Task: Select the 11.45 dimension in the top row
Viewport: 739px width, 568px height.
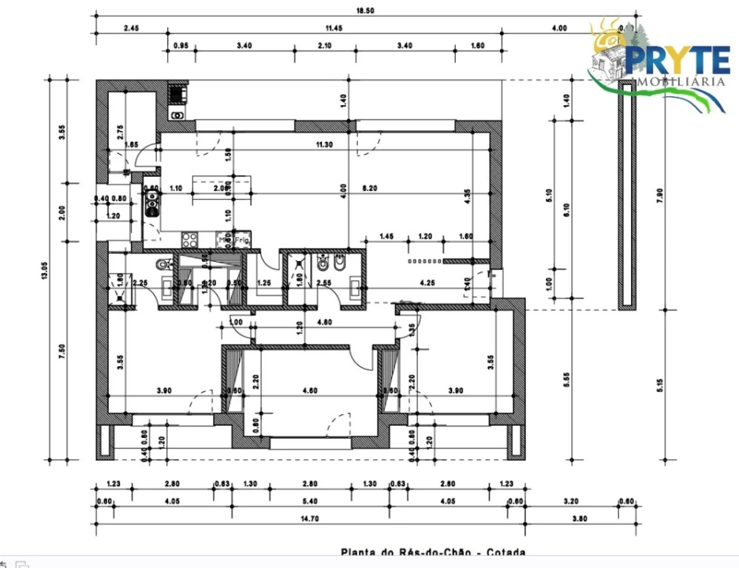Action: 336,28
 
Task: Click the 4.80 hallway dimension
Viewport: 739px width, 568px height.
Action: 323,322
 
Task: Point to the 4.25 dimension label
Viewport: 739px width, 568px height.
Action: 428,282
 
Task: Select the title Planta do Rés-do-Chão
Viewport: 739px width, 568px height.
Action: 432,554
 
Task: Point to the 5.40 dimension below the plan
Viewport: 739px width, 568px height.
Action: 310,500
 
